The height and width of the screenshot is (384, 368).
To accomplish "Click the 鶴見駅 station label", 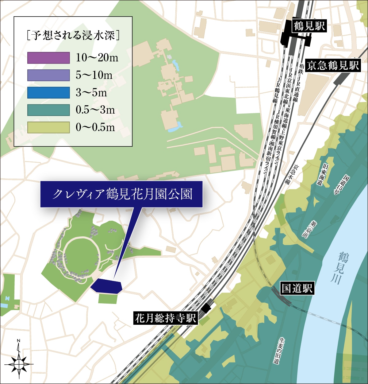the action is click(x=309, y=26).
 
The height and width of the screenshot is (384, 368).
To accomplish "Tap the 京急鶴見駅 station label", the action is click(x=333, y=65).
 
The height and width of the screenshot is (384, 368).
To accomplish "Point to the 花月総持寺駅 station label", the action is click(x=166, y=318).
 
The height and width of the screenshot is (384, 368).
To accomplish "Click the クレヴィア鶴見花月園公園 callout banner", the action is click(x=122, y=194).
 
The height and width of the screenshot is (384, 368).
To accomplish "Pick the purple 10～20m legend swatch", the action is click(x=48, y=58).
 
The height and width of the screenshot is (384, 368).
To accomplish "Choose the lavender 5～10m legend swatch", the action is click(x=48, y=75).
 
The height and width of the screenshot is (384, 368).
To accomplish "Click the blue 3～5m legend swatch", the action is click(x=48, y=92).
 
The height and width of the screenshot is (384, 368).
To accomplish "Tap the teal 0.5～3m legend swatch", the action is click(x=48, y=110).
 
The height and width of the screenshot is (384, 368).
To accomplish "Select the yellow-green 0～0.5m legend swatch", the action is click(x=48, y=127).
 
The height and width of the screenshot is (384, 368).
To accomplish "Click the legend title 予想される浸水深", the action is click(x=73, y=35).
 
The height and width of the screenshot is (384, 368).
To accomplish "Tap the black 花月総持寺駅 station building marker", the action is click(x=207, y=308).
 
